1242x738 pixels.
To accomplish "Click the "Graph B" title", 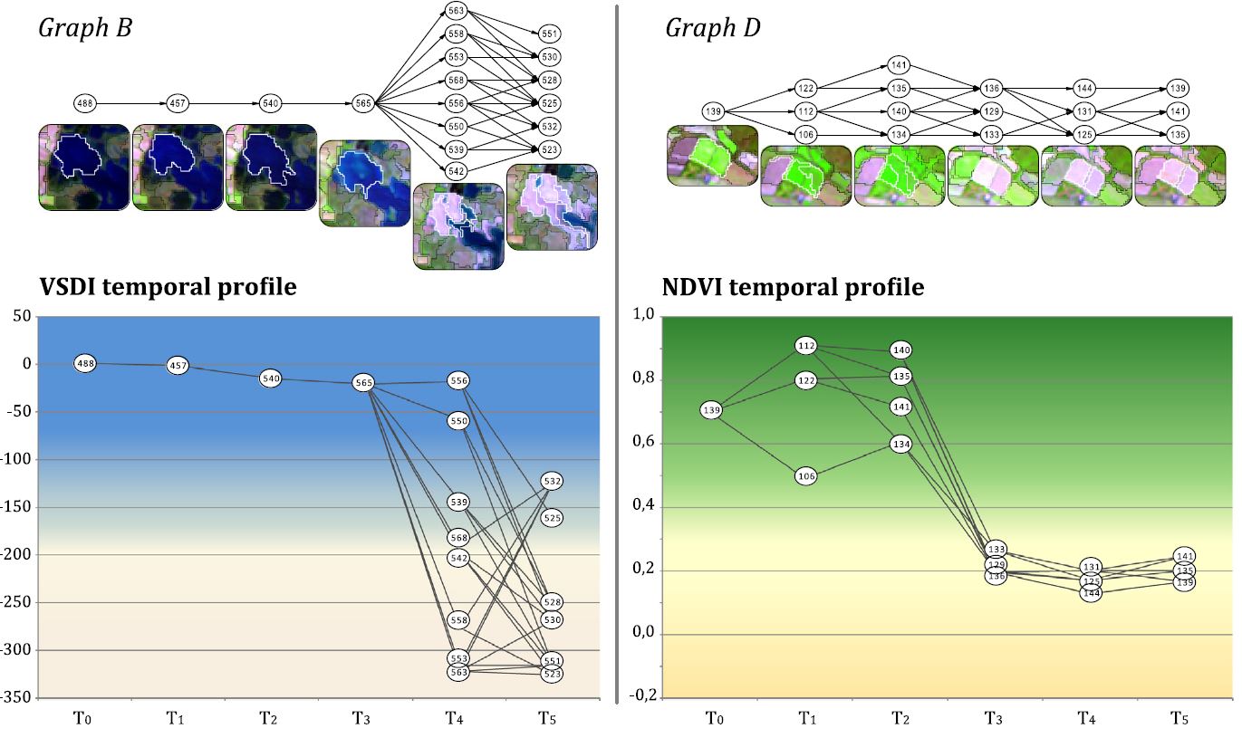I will point(85,28).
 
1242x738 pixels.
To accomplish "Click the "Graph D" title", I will point(713,28).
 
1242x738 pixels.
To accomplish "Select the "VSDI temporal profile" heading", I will point(168,287).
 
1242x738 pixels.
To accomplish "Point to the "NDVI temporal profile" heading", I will point(793,287).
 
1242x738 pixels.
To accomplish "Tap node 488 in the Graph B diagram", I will point(85,103).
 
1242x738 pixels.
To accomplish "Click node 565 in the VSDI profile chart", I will point(363,384).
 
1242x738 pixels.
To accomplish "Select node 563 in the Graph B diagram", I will point(456,12).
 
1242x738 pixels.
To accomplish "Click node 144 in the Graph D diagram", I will point(1084,88).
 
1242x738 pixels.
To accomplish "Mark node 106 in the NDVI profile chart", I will point(807,476).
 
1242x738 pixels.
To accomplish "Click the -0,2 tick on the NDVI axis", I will point(638,696).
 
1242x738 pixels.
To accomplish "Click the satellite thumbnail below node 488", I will point(83,168).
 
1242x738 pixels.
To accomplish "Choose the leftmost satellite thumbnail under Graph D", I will point(712,156).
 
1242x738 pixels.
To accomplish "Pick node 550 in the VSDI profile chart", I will point(458,421).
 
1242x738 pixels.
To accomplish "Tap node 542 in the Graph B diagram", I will point(456,171).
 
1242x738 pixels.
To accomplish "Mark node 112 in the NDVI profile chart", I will point(807,345).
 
